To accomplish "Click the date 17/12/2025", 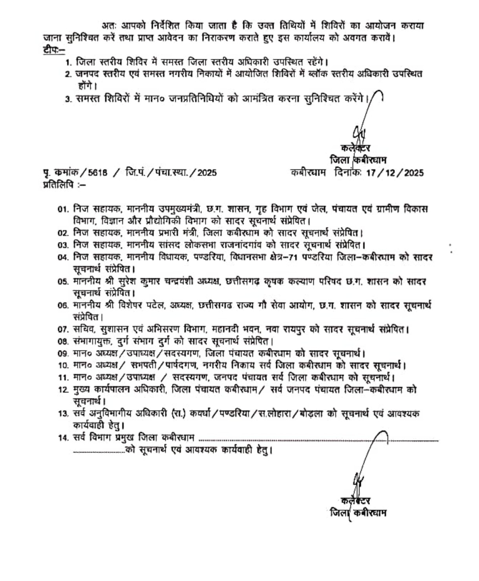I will (x=395, y=173).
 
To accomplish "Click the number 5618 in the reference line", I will (x=98, y=173).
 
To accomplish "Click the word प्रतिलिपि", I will (x=58, y=184).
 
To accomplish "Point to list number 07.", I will (x=63, y=329).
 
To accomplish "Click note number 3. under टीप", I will (x=69, y=99).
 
